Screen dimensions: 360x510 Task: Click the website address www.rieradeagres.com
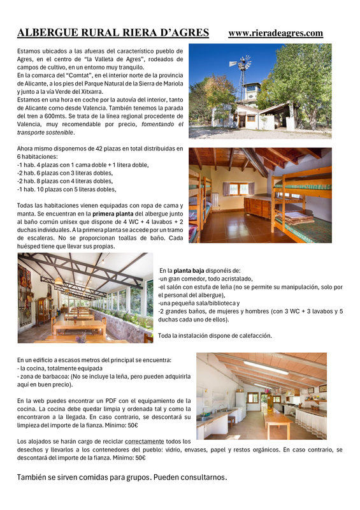(x=275, y=33)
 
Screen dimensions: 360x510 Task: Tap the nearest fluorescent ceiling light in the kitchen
(x=265, y=368)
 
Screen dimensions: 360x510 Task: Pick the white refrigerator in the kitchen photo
(x=240, y=406)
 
